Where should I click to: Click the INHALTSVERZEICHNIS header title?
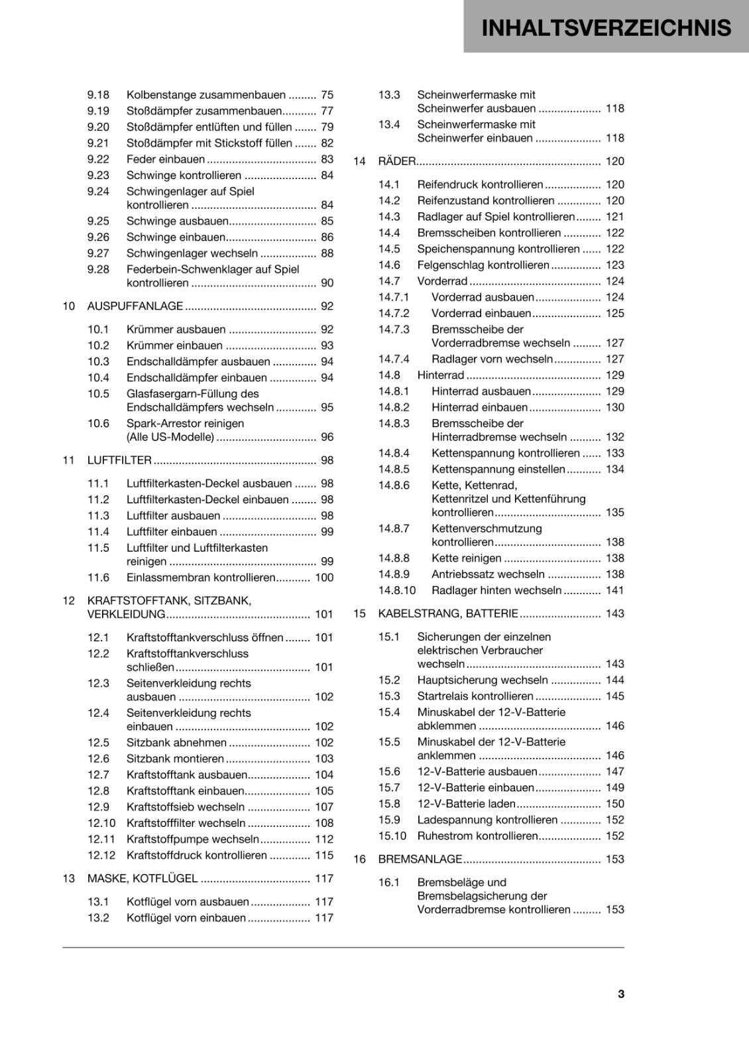[606, 28]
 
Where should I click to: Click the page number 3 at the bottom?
[620, 994]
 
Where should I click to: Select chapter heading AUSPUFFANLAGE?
[135, 306]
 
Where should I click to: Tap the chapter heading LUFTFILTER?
[119, 460]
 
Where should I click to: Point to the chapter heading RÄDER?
[396, 161]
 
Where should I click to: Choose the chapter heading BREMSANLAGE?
[420, 859]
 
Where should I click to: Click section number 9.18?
[98, 95]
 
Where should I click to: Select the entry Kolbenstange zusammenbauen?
[206, 95]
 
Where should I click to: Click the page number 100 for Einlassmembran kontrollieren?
[324, 578]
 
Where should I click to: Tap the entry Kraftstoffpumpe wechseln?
[193, 840]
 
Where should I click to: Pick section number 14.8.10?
[397, 590]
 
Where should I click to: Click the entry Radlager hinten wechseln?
[496, 590]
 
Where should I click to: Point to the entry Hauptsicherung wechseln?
[483, 680]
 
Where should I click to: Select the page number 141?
[614, 590]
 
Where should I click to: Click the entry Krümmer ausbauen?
[176, 330]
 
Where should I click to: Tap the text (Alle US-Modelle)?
[170, 437]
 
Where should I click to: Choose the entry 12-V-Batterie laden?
[467, 804]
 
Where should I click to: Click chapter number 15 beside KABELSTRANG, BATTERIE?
[359, 614]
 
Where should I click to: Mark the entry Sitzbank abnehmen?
[176, 743]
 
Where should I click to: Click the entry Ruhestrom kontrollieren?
[477, 836]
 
